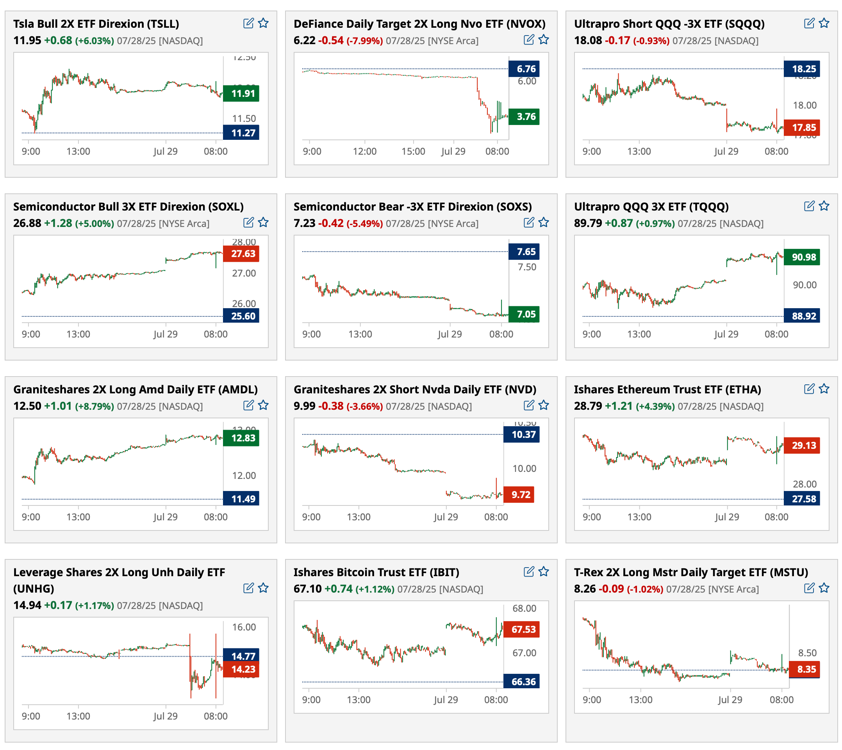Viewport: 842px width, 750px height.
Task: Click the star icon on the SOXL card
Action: [x=263, y=223]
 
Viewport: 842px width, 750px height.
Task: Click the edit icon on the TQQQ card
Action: [x=809, y=206]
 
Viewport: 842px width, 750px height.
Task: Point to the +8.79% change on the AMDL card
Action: [x=95, y=407]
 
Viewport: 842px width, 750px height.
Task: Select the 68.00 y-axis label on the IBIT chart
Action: [x=524, y=608]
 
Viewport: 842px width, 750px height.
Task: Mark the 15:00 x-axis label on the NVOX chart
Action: [x=413, y=151]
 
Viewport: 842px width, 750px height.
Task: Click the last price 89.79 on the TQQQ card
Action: [x=588, y=223]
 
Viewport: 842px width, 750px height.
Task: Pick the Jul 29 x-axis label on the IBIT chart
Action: [x=446, y=700]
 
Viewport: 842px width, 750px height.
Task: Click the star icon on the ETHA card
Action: [x=824, y=389]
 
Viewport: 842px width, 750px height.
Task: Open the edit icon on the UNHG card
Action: [x=248, y=588]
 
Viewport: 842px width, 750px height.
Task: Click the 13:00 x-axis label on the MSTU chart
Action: [x=640, y=700]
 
